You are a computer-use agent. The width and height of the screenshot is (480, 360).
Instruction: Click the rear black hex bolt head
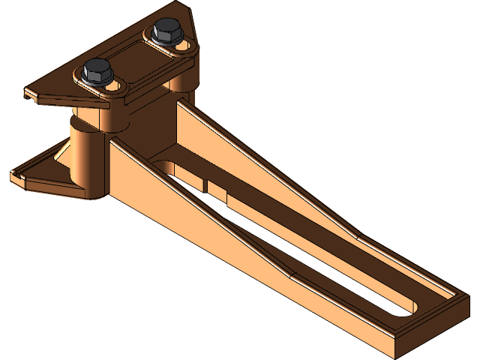(x=164, y=31)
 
